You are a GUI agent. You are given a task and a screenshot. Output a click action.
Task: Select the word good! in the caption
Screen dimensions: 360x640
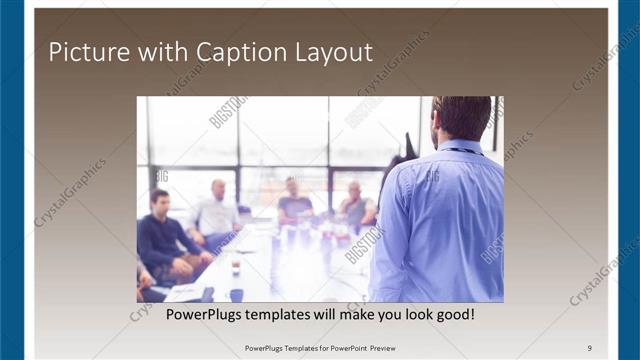point(453,315)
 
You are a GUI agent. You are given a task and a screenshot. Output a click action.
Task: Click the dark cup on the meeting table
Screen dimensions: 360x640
point(236,268)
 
